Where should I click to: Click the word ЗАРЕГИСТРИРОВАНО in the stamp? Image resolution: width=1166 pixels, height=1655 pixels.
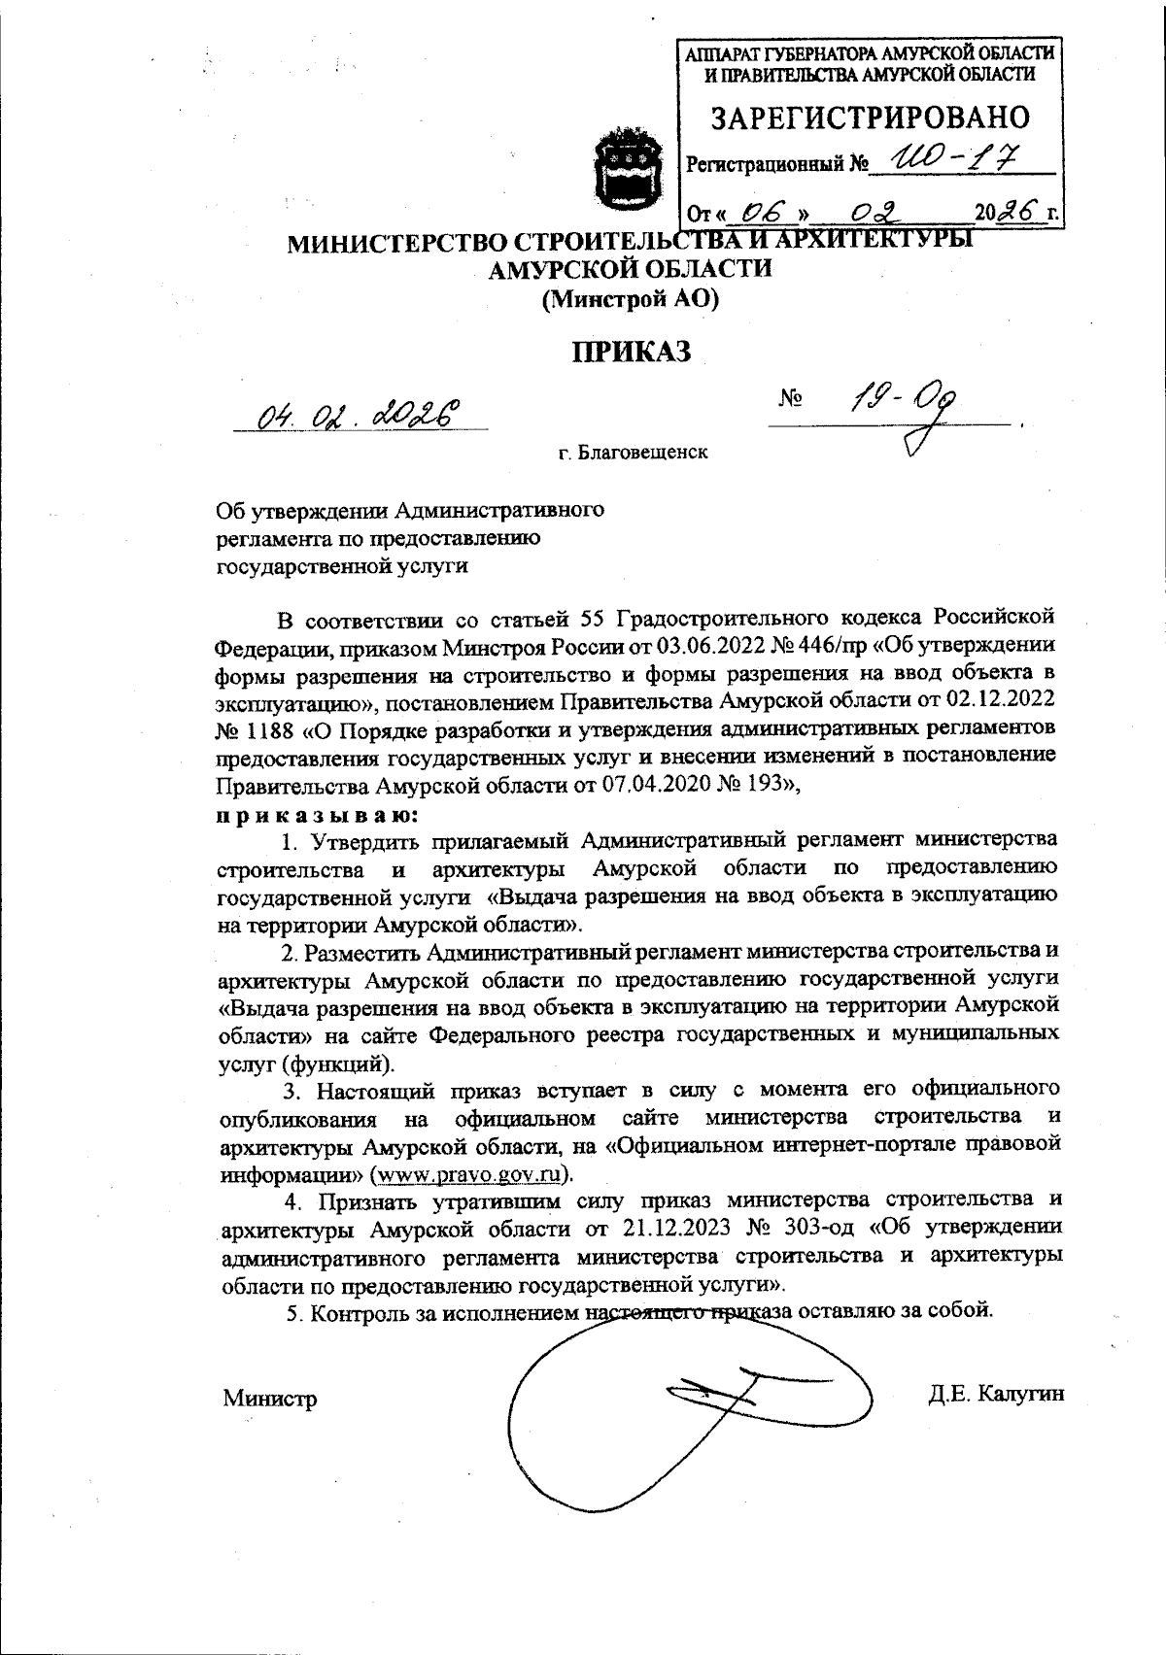tap(871, 118)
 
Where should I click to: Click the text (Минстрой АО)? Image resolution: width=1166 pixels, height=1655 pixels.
tap(630, 299)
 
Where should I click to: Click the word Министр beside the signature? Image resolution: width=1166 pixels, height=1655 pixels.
tap(269, 1399)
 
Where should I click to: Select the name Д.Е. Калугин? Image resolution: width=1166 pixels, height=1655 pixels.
tap(996, 1394)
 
